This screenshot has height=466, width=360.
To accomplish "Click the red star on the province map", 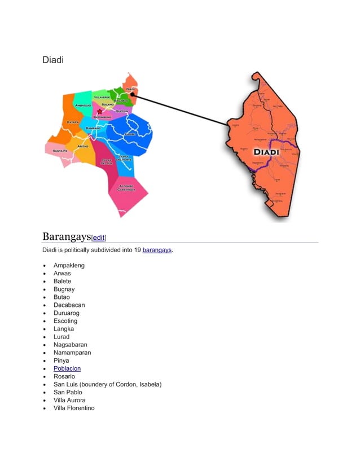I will pyautogui.click(x=99, y=112).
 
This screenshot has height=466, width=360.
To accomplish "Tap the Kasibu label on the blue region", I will pyautogui.click(x=129, y=134).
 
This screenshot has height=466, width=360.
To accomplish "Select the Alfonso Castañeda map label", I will pyautogui.click(x=125, y=188).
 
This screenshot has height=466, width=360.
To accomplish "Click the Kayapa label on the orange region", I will pyautogui.click(x=73, y=121).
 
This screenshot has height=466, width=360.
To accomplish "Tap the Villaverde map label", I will pyautogui.click(x=102, y=97).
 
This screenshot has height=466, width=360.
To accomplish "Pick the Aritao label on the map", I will pyautogui.click(x=82, y=146).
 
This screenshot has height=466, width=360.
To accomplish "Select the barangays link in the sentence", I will pyautogui.click(x=157, y=250).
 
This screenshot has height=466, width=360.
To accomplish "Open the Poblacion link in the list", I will pyautogui.click(x=67, y=368).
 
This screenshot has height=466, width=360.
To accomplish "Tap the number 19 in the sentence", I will pyautogui.click(x=138, y=250).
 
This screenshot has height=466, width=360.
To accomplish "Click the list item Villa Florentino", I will pyautogui.click(x=74, y=408).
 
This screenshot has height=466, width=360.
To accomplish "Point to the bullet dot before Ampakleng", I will pyautogui.click(x=44, y=266).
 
